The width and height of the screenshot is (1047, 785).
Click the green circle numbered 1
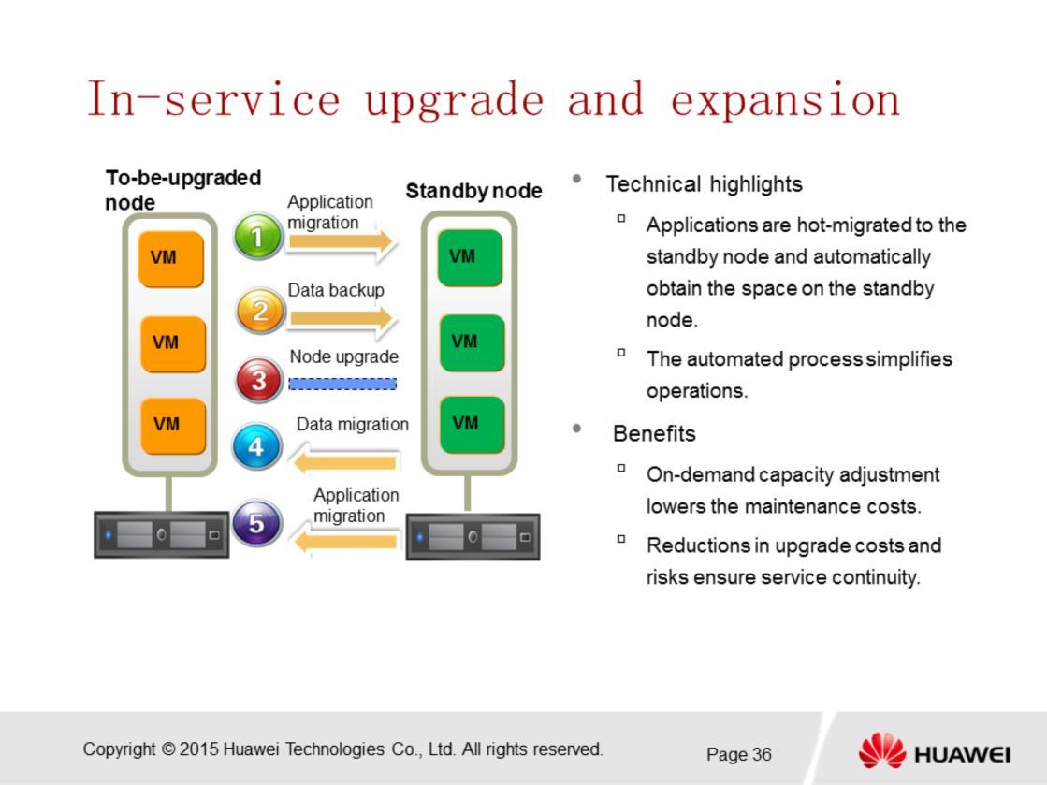[x=257, y=237]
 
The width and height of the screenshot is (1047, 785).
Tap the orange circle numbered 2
[x=260, y=311]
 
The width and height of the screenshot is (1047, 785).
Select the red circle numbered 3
[x=259, y=380]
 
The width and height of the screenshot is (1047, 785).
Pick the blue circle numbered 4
[x=256, y=446]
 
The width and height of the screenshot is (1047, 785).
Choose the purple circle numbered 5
[x=256, y=523]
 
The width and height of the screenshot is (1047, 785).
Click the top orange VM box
[x=171, y=259]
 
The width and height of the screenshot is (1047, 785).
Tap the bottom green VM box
[x=472, y=425]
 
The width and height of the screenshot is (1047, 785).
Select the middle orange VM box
[x=172, y=343]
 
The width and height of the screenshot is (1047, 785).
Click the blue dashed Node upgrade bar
[x=342, y=384]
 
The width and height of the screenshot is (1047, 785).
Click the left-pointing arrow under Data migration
[x=344, y=462]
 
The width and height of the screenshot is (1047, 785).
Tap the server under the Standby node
[x=473, y=536]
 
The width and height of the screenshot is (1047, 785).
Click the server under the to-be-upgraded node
[x=162, y=534]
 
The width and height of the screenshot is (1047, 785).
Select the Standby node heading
[x=474, y=191]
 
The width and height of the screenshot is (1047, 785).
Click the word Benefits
[x=654, y=434]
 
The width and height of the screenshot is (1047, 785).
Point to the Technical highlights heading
[x=705, y=184]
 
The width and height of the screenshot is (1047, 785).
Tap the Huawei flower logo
[x=882, y=750]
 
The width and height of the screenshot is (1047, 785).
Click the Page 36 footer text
[x=738, y=754]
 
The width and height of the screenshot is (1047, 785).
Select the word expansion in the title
[x=785, y=100]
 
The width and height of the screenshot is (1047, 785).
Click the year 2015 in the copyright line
[x=198, y=749]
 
